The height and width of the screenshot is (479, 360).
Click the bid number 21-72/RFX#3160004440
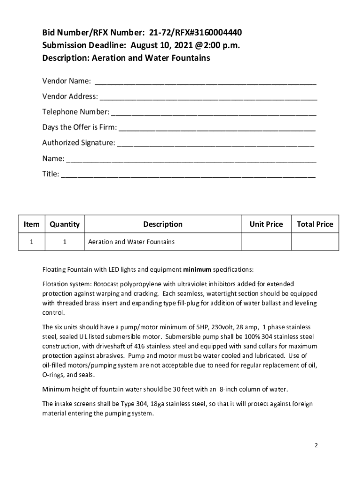point(195,32)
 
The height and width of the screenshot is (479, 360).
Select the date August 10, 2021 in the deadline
point(161,45)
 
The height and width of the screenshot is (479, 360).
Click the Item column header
point(31,224)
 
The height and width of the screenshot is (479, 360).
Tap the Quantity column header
point(65,224)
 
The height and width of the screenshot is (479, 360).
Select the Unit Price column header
point(266,224)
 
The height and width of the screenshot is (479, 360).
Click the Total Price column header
point(315,224)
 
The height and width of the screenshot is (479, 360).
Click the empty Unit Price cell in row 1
point(266,242)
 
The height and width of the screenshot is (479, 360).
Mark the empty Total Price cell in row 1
point(315,242)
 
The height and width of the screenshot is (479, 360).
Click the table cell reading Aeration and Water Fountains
point(131,242)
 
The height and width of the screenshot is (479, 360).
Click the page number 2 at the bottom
point(316,445)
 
